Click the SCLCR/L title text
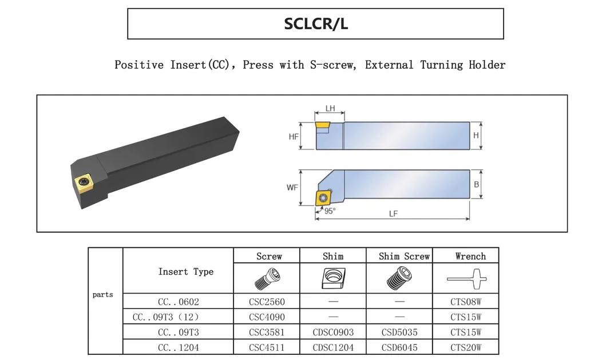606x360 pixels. (x=316, y=23)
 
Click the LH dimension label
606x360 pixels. (x=330, y=108)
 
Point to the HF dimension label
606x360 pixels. (x=294, y=136)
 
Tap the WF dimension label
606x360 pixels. (x=292, y=188)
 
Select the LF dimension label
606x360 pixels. (x=393, y=213)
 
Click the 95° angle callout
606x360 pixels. (x=330, y=211)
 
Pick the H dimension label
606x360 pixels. (x=476, y=135)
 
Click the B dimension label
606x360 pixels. (x=477, y=184)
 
